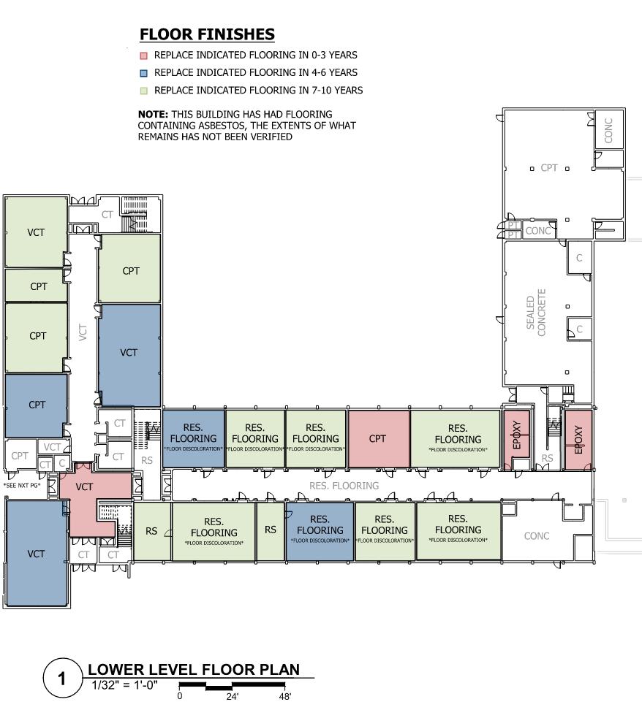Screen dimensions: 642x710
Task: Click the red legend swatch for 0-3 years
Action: tap(144, 56)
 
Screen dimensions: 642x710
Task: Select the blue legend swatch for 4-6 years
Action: tap(144, 73)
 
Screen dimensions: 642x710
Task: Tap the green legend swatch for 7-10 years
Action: tap(144, 91)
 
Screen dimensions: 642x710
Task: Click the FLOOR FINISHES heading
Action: tap(207, 34)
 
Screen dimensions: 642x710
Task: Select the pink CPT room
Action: tap(377, 439)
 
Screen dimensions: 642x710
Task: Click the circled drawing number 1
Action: tap(62, 679)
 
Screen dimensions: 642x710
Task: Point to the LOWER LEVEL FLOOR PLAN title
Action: tap(193, 670)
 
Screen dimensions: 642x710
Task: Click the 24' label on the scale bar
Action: tap(232, 696)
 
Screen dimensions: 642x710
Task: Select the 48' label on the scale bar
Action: tap(284, 696)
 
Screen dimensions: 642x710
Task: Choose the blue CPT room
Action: tap(37, 405)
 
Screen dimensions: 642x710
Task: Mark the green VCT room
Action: tap(36, 232)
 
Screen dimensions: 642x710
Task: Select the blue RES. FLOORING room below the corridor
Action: tap(320, 530)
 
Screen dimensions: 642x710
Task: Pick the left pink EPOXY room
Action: tap(516, 440)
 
